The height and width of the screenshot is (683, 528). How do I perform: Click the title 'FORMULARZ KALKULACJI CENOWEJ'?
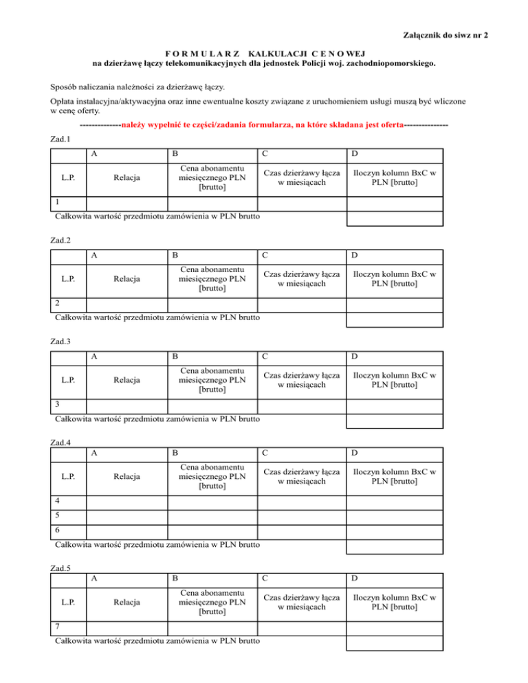pos(263,54)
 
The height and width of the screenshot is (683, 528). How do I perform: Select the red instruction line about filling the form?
pos(263,126)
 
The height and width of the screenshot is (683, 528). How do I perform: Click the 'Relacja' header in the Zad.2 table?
pos(128,279)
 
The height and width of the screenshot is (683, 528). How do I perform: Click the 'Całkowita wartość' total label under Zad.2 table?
pos(157,318)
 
